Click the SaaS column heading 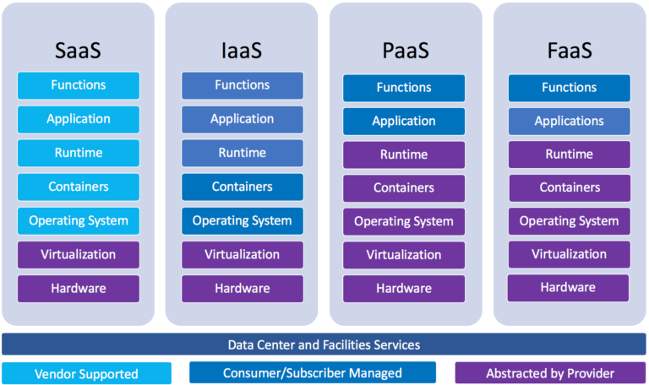coord(78,51)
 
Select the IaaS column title coord(242,51)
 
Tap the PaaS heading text coord(404,51)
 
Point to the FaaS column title coord(569,51)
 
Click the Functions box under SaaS coord(79,85)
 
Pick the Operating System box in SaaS coord(79,221)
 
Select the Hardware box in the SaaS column coord(79,289)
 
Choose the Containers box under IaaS coord(243,187)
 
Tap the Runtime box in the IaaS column coord(243,153)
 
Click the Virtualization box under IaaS coord(243,255)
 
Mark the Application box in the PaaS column coord(404,122)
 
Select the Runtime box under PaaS coord(404,155)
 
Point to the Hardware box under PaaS coord(404,289)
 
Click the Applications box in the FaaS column coord(569,122)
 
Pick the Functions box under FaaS coord(569,88)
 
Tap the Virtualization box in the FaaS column coord(569,254)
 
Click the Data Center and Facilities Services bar coord(324,344)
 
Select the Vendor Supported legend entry coord(86,373)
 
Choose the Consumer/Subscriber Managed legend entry coord(313,372)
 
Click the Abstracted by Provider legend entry coord(550,373)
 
